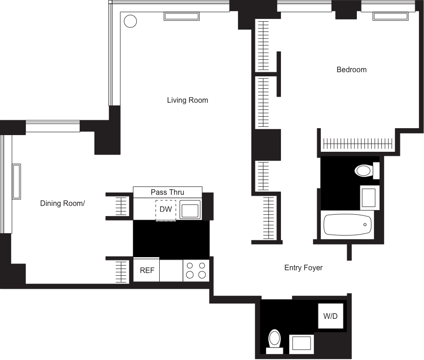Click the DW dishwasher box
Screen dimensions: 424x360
tap(165, 210)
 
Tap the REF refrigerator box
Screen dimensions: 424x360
tap(146, 270)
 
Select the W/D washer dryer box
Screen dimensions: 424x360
tap(330, 317)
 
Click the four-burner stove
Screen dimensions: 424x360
tap(196, 270)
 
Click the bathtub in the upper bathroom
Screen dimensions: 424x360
tap(347, 225)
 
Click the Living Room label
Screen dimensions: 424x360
tap(187, 100)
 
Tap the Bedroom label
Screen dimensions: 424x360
tap(351, 70)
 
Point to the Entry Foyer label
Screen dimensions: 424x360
tap(303, 268)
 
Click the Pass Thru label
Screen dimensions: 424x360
tap(167, 192)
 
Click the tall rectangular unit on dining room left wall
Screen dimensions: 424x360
tap(16, 181)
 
